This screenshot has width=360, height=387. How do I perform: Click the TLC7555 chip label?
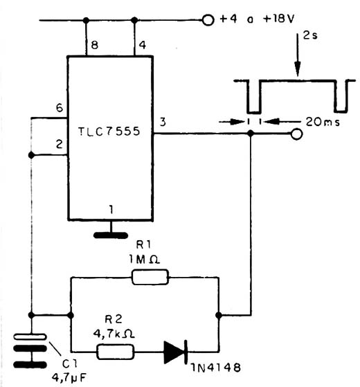pyautogui.click(x=109, y=131)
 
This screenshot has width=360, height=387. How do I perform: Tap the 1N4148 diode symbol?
pyautogui.click(x=176, y=352)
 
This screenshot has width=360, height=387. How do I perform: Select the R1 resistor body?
pyautogui.click(x=150, y=277)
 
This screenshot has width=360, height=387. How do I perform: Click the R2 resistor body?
pyautogui.click(x=115, y=352)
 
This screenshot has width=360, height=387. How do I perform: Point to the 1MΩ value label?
pyautogui.click(x=144, y=260)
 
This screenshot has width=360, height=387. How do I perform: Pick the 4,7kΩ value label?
pyautogui.click(x=114, y=334)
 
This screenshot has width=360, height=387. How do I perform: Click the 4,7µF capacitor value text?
pyautogui.click(x=69, y=377)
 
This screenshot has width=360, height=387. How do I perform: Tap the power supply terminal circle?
pyautogui.click(x=208, y=20)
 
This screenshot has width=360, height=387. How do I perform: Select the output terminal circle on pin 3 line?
pyautogui.click(x=296, y=134)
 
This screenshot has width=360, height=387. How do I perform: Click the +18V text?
pyautogui.click(x=279, y=19)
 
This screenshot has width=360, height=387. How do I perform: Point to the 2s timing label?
pyautogui.click(x=310, y=35)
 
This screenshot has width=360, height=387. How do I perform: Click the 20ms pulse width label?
pyautogui.click(x=323, y=122)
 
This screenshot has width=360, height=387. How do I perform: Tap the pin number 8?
pyautogui.click(x=95, y=45)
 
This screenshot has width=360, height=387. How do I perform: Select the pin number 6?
pyautogui.click(x=60, y=108)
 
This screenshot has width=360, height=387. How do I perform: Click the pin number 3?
pyautogui.click(x=163, y=122)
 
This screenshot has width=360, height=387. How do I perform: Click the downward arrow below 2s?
pyautogui.click(x=298, y=55)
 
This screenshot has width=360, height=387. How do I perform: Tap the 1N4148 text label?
pyautogui.click(x=216, y=368)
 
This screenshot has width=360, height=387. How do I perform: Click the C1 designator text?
pyautogui.click(x=70, y=363)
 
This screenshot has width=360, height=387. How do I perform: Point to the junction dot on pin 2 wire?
pyautogui.click(x=31, y=155)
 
